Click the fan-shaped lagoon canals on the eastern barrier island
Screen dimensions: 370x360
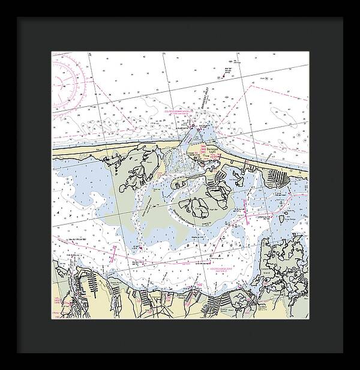pyautogui.click(x=280, y=177)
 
